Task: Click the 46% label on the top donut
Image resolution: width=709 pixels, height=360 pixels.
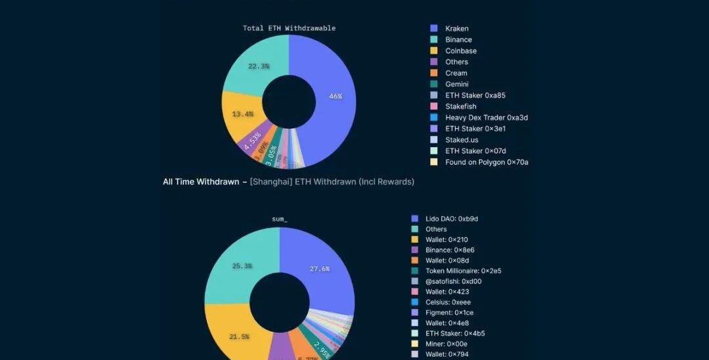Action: [335, 96]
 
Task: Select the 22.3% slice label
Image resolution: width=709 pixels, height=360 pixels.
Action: [259, 66]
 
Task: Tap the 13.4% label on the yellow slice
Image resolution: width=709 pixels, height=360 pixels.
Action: [242, 114]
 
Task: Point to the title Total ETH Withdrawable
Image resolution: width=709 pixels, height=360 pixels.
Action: [289, 28]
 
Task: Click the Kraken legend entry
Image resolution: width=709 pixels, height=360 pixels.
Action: [456, 28]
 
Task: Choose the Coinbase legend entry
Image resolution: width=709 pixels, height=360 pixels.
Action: [460, 51]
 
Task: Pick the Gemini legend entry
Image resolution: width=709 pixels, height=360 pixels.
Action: [456, 84]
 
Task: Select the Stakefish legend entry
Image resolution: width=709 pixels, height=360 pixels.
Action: [460, 106]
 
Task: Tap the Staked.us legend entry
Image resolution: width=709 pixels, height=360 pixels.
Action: [462, 140]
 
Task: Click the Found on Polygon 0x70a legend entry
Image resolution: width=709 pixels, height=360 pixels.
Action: [486, 162]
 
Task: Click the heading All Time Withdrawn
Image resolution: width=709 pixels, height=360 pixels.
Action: [201, 182]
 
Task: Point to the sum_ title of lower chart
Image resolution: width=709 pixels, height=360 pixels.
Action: [280, 219]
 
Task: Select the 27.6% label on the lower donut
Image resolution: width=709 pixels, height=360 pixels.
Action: [319, 269]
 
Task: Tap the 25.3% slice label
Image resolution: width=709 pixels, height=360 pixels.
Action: [242, 266]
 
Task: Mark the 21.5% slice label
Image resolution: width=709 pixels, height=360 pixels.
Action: [239, 337]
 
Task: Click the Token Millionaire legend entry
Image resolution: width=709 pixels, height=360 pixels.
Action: [463, 271]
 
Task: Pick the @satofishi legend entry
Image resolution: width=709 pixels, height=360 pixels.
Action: [453, 281]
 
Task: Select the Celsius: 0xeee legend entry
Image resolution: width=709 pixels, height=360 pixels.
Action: [448, 302]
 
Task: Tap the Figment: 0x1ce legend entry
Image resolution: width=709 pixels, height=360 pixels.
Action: [449, 313]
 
